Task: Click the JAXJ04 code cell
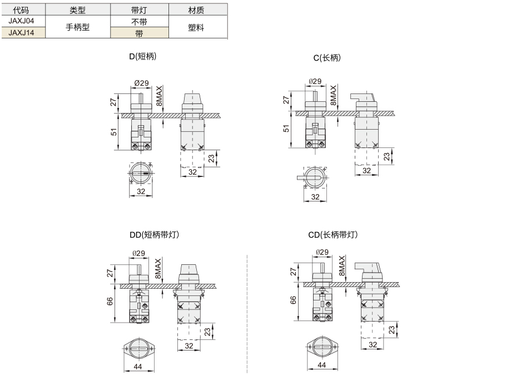pos(21,21)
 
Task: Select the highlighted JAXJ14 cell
pos(21,33)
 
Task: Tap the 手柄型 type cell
pos(78,27)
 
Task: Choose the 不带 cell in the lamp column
pos(139,22)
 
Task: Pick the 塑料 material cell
pos(196,27)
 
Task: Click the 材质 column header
pos(196,10)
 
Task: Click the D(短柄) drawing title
pos(142,56)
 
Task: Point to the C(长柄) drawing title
pos(328,58)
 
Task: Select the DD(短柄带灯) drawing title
pos(154,235)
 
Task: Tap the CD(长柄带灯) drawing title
pos(333,235)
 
